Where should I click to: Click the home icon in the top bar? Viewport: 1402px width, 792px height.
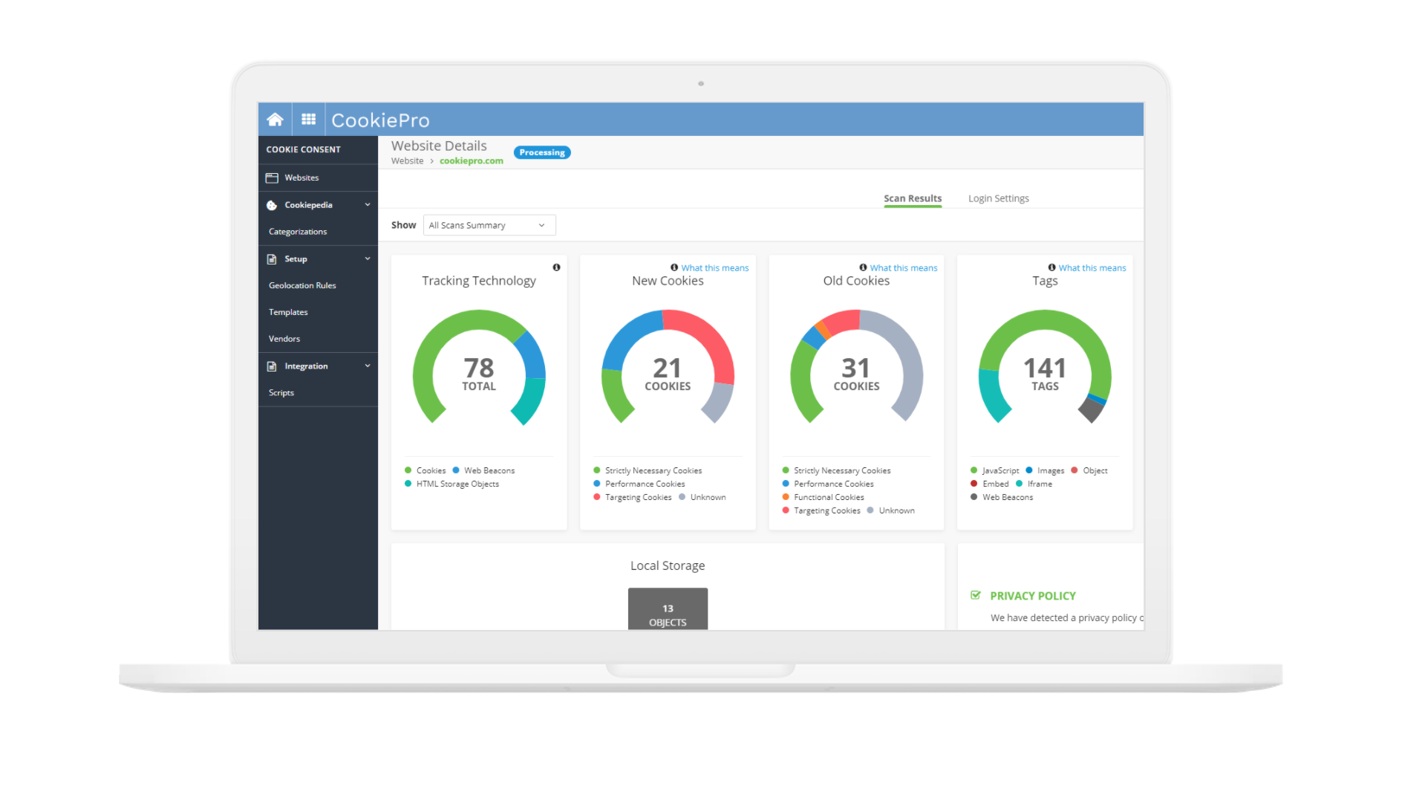[275, 120]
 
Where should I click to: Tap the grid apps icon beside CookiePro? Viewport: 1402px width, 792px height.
[308, 120]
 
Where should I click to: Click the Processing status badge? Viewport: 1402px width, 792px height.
[542, 152]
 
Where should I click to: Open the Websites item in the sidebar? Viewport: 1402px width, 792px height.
[301, 178]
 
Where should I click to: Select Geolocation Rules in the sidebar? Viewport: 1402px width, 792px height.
[302, 285]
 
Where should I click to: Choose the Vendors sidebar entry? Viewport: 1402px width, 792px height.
[284, 339]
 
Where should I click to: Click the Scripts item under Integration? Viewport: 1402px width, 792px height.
[281, 393]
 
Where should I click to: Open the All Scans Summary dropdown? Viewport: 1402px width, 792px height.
[489, 225]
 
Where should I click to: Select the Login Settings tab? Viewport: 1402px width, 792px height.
[998, 198]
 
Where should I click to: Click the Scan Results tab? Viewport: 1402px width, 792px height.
[912, 198]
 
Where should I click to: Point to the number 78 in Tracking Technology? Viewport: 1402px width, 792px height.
[479, 368]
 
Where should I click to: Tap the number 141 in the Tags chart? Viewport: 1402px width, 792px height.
[1045, 368]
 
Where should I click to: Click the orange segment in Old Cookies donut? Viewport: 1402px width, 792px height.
[822, 329]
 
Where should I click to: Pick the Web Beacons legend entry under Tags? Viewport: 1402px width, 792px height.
[1007, 497]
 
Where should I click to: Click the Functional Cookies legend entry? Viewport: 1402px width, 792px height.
[829, 497]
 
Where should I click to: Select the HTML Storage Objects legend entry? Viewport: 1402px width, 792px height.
[457, 484]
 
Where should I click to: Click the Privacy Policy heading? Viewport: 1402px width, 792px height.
[1032, 596]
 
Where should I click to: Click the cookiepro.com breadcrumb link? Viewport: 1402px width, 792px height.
[471, 161]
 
